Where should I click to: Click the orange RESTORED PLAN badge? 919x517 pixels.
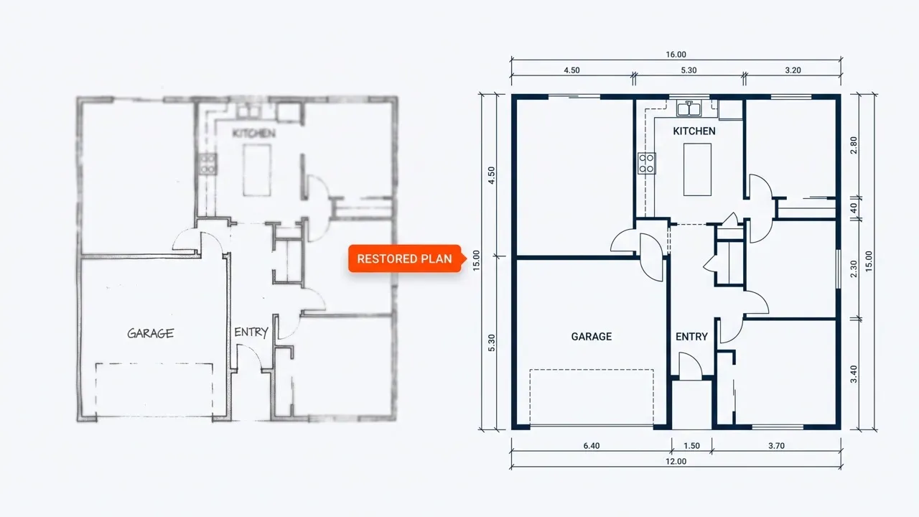(405, 258)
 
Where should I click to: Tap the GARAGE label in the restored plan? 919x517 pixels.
(591, 337)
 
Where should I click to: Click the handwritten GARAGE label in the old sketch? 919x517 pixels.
(150, 332)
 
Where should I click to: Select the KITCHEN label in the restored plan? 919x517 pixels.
(694, 131)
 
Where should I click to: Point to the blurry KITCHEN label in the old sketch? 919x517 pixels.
(253, 133)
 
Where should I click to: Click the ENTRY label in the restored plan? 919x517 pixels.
(691, 337)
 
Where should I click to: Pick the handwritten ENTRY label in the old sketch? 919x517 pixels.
(251, 332)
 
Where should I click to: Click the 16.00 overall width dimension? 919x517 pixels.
(676, 55)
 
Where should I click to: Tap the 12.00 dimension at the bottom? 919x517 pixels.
(676, 461)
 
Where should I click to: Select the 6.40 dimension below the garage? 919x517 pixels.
(591, 446)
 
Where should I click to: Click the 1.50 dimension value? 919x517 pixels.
(691, 446)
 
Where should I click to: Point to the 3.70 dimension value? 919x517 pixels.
(776, 446)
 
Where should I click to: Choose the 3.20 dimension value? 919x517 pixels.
(793, 70)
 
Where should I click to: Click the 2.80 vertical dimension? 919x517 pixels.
(854, 145)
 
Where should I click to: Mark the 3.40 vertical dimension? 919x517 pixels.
(854, 374)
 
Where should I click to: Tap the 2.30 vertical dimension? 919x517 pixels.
(854, 269)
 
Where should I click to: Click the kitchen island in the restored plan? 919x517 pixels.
(697, 169)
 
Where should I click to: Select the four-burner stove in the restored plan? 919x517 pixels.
(647, 163)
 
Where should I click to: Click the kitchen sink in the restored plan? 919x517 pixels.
(689, 108)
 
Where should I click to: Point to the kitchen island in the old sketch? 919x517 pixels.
(257, 170)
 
